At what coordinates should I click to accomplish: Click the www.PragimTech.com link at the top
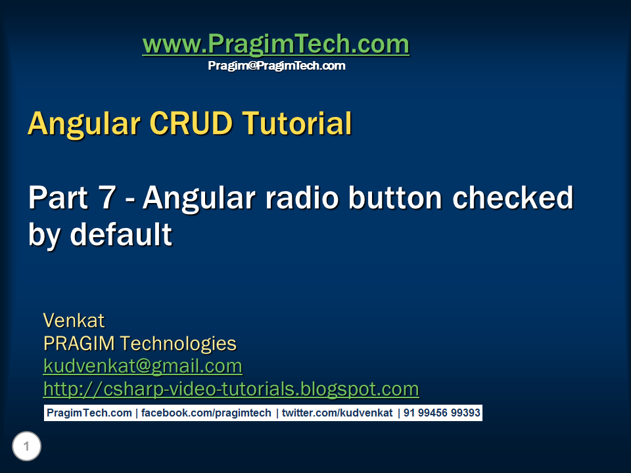pyautogui.click(x=276, y=44)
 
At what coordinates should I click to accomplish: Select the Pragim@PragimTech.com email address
pyautogui.click(x=277, y=66)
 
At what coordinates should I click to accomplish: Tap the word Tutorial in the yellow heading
pyautogui.click(x=297, y=123)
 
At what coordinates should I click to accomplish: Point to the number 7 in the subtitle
pyautogui.click(x=107, y=198)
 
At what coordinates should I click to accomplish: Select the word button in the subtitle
pyautogui.click(x=395, y=198)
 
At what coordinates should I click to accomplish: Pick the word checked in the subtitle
pyautogui.click(x=513, y=197)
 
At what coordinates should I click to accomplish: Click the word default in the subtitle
pyautogui.click(x=121, y=234)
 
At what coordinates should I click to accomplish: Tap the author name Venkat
pyautogui.click(x=74, y=321)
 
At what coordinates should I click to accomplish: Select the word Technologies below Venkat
pyautogui.click(x=178, y=344)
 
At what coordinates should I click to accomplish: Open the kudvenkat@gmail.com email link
pyautogui.click(x=143, y=367)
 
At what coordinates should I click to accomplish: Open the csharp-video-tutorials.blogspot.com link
pyautogui.click(x=231, y=390)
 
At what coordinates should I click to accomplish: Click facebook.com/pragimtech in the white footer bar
pyautogui.click(x=206, y=413)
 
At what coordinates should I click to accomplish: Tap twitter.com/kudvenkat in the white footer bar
pyautogui.click(x=337, y=413)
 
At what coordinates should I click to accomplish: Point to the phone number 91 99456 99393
pyautogui.click(x=442, y=413)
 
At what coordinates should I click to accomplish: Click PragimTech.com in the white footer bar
pyautogui.click(x=89, y=413)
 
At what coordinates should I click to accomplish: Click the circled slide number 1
pyautogui.click(x=26, y=446)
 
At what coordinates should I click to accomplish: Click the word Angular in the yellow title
pyautogui.click(x=84, y=124)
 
